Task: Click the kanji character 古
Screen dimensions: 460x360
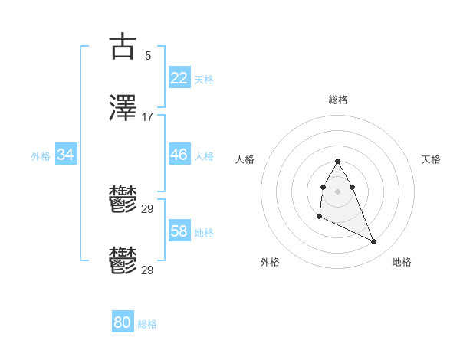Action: coord(123,46)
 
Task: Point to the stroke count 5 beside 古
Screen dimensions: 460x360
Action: coord(147,55)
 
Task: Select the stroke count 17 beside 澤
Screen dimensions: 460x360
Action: coord(147,117)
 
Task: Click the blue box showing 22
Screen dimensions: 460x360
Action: coord(179,78)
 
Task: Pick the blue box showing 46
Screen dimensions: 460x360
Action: coord(179,155)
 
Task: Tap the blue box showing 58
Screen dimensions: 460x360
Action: coord(179,231)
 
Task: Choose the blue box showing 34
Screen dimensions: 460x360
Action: coord(66,155)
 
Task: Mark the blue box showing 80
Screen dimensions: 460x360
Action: coord(123,322)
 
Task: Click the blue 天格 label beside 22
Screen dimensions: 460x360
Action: coord(204,79)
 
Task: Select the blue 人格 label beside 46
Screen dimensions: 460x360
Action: coord(204,155)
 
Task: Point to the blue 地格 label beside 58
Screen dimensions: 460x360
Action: coord(204,232)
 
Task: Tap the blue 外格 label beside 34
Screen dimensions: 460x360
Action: coord(41,155)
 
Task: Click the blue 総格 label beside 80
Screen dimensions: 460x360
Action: coord(147,324)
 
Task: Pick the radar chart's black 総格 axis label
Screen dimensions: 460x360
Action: coord(338,100)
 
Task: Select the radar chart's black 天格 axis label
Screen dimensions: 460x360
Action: coord(431,159)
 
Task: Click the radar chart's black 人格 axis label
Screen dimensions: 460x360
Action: coord(245,159)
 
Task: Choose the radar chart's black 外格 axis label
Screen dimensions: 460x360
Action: coord(270,262)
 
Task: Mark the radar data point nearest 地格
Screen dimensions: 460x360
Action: coord(374,242)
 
